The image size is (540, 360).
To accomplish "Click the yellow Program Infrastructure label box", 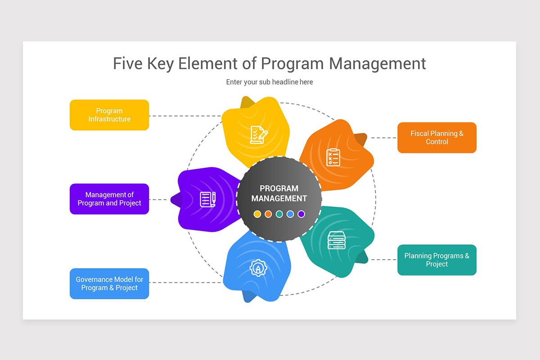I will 109,115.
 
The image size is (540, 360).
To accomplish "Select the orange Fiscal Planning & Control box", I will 436,138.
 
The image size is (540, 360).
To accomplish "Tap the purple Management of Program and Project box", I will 109,199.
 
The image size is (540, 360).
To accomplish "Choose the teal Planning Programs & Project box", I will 436,260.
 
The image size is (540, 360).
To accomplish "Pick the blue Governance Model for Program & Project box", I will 109,283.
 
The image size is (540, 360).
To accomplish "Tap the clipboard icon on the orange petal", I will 333,157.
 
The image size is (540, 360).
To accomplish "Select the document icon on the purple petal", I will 207,199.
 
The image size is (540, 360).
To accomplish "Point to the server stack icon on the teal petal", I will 337,240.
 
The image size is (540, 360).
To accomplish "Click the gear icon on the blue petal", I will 258,269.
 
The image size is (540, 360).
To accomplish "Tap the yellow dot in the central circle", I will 257,214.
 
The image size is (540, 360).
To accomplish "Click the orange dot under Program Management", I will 268,214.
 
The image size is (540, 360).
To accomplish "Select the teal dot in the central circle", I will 279,214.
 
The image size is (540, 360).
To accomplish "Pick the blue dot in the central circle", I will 290,214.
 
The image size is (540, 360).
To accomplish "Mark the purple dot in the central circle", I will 301,214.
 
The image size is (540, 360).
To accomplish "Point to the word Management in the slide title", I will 377,63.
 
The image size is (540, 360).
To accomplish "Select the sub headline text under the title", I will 269,82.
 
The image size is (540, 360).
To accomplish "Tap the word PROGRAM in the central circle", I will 279,189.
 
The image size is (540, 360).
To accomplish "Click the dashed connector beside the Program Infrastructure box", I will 184,116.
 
